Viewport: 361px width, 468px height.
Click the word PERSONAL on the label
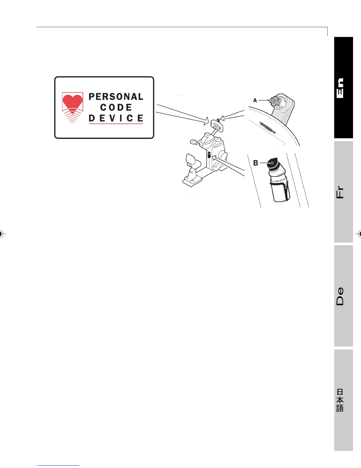coord(116,97)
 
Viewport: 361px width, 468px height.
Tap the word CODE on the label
coord(116,107)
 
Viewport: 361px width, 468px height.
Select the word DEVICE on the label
coord(116,118)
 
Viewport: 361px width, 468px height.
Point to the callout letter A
coord(255,100)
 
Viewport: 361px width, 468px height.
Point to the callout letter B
coord(256,163)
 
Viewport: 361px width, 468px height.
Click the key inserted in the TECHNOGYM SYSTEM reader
coord(274,101)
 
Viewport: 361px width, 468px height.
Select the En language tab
coord(343,88)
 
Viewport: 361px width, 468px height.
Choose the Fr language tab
coord(343,192)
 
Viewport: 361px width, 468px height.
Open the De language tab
coord(343,296)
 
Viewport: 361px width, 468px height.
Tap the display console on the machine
coord(218,126)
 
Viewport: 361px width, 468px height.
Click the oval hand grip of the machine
coord(193,142)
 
